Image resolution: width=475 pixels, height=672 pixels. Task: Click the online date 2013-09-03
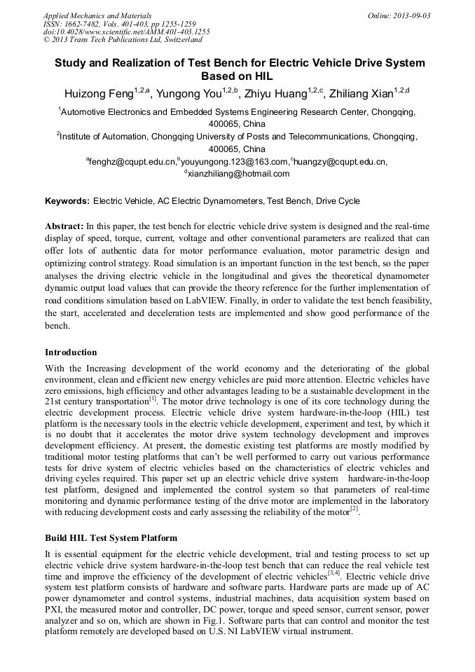pyautogui.click(x=413, y=15)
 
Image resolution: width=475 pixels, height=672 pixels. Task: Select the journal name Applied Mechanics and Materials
pyautogui.click(x=97, y=15)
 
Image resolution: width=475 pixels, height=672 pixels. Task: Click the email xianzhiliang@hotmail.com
pyautogui.click(x=238, y=174)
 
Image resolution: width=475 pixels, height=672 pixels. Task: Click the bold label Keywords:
pyautogui.click(x=67, y=201)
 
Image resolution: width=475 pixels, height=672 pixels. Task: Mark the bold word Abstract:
pyautogui.click(x=64, y=226)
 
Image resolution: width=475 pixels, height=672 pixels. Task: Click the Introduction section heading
pyautogui.click(x=71, y=352)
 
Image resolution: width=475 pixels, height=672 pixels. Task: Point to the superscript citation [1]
pyautogui.click(x=153, y=398)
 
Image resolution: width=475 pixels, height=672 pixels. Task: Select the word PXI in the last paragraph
pyautogui.click(x=53, y=609)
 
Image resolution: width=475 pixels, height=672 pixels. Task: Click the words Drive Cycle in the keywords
pyautogui.click(x=338, y=201)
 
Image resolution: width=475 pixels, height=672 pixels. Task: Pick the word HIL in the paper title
pyautogui.click(x=260, y=76)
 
